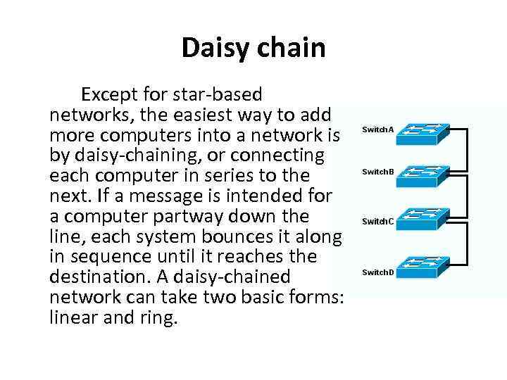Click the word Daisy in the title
click(213, 48)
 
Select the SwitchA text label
click(378, 129)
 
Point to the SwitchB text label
click(378, 172)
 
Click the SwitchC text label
click(378, 222)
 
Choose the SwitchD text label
click(378, 272)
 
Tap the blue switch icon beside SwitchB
click(422, 175)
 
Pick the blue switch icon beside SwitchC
click(422, 222)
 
